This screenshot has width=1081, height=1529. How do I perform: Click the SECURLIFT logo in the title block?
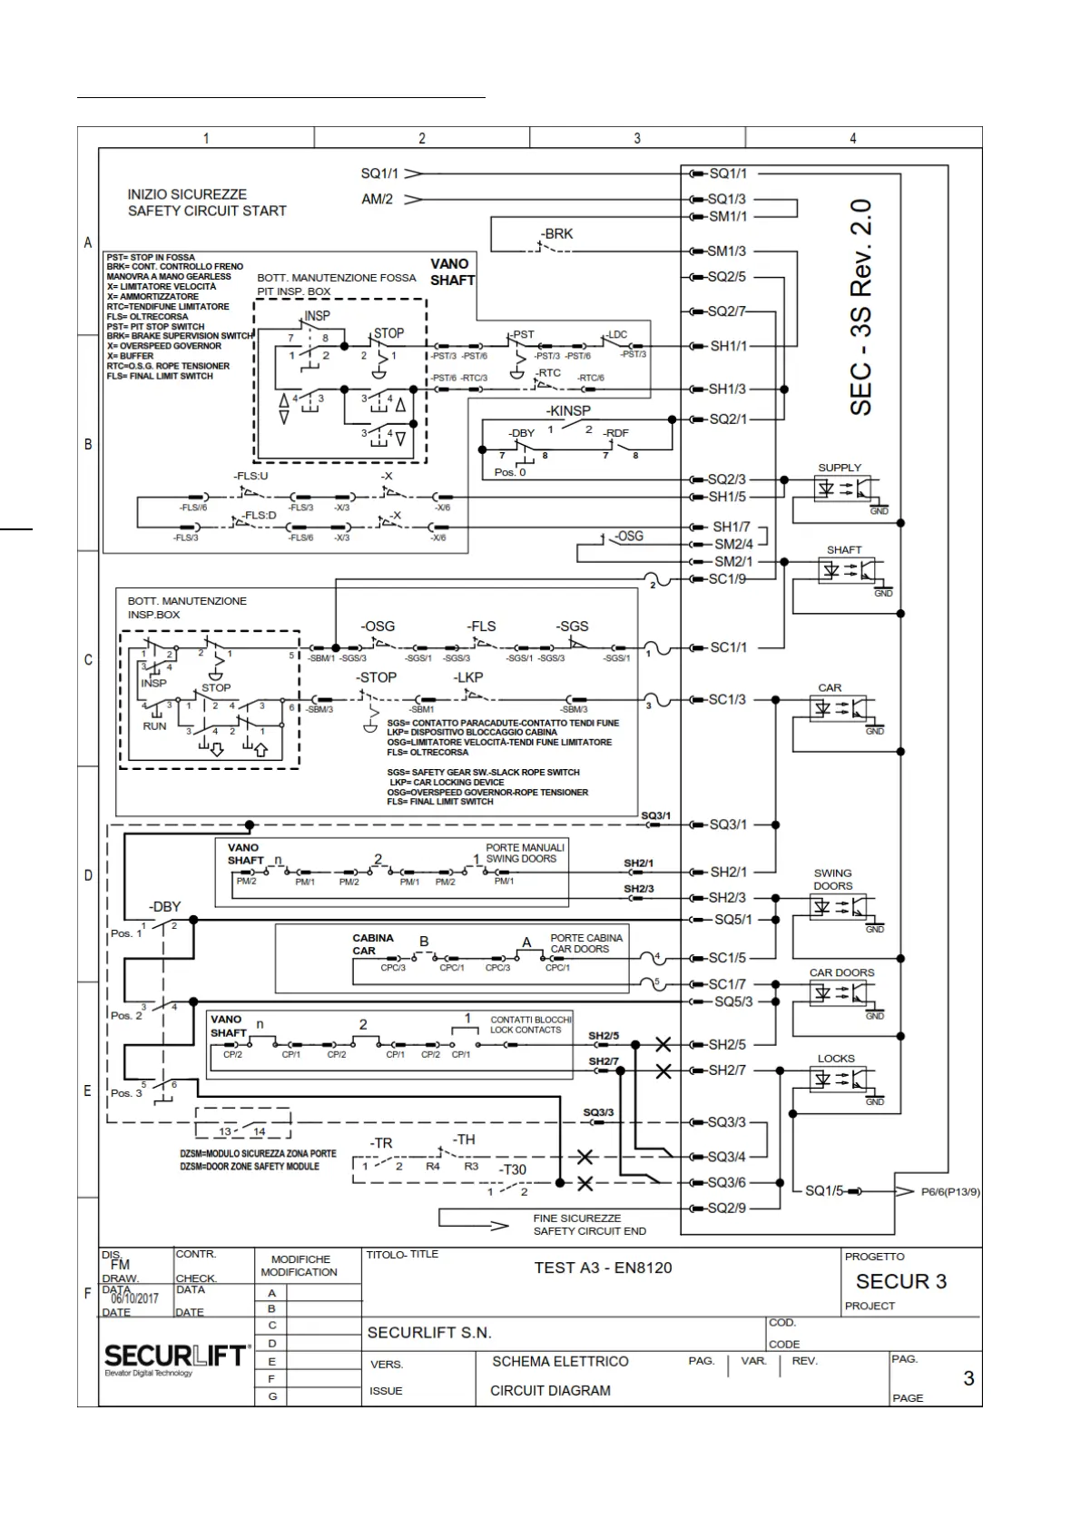point(178,1356)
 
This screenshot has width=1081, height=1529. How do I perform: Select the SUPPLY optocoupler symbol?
point(842,488)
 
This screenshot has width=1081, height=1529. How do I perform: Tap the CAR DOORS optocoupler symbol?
point(842,993)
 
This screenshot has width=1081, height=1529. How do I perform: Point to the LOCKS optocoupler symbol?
point(842,1079)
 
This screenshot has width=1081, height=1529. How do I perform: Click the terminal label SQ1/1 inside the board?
point(727,173)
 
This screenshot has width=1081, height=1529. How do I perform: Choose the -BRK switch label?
point(557,234)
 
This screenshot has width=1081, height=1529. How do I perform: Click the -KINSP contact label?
point(568,411)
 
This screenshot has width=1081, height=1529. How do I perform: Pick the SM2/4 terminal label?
point(733,545)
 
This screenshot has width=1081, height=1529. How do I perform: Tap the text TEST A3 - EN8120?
point(603,1268)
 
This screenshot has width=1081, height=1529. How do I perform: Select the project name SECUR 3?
point(900,1282)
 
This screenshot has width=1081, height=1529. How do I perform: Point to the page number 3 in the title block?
point(968,1378)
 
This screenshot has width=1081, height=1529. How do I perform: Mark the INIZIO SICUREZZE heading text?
point(187,194)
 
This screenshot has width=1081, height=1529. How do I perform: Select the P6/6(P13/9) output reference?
point(950,1192)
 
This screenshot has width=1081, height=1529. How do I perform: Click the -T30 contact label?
point(513,1169)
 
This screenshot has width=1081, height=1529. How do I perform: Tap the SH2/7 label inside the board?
point(727,1070)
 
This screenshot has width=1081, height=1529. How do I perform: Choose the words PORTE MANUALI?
point(525,847)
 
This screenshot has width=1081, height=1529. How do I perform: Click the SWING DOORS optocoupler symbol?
point(842,907)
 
